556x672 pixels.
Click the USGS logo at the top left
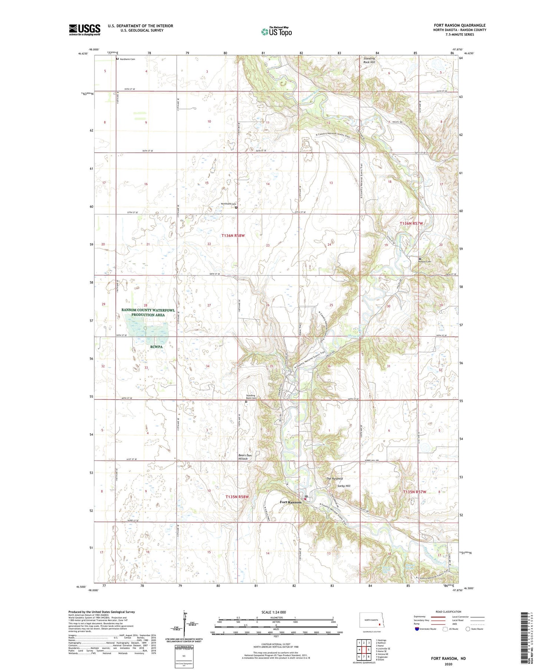(85, 30)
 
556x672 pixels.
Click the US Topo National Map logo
(277, 32)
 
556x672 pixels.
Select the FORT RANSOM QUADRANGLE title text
(460, 25)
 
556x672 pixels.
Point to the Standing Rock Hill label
(369, 60)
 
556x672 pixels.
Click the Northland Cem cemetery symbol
(236, 208)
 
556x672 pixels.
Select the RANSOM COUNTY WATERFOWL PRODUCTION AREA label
(148, 312)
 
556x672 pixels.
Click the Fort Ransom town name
(291, 502)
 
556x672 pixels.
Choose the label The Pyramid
(334, 479)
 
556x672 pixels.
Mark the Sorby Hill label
(343, 486)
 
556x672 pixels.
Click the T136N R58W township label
(233, 236)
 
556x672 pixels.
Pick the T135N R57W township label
(414, 492)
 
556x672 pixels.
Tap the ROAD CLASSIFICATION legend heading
(449, 612)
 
